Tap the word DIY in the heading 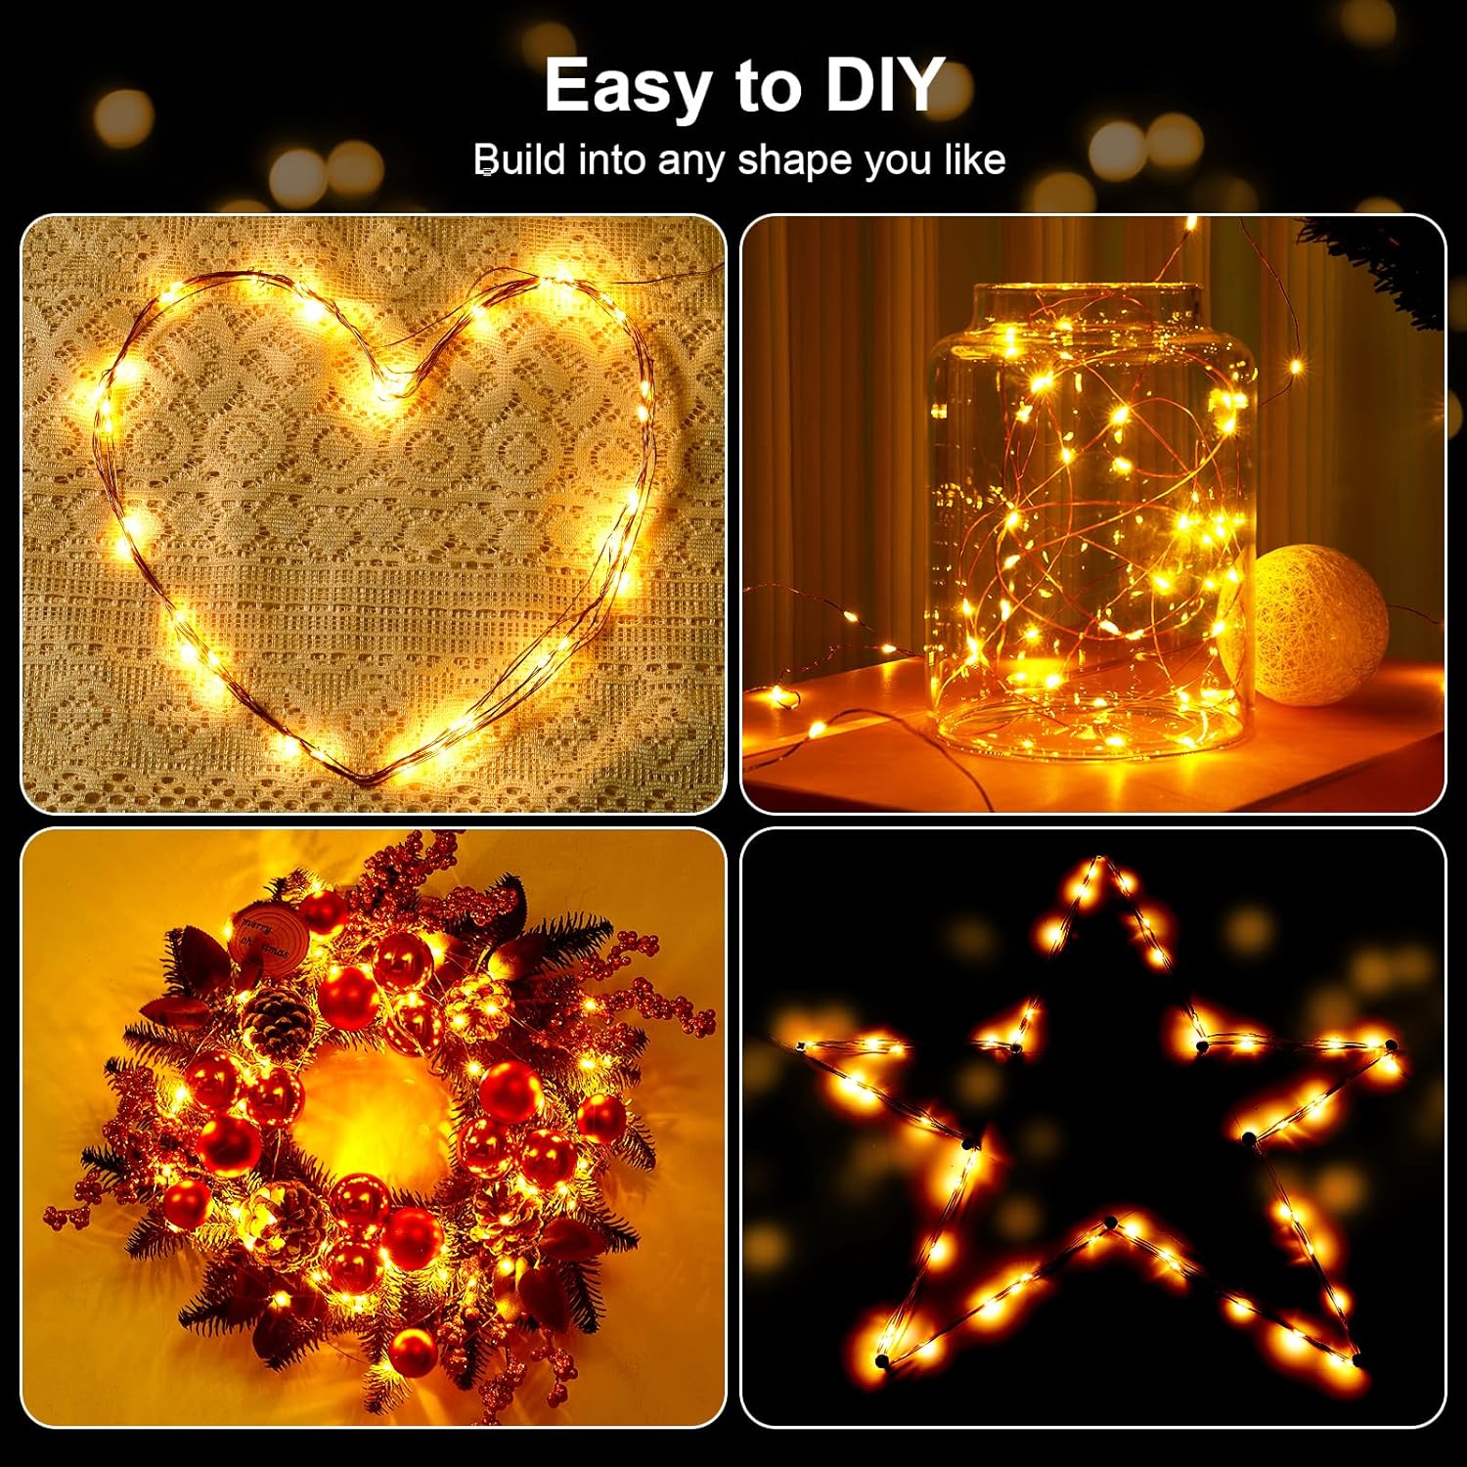point(882,86)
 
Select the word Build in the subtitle point(519,159)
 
